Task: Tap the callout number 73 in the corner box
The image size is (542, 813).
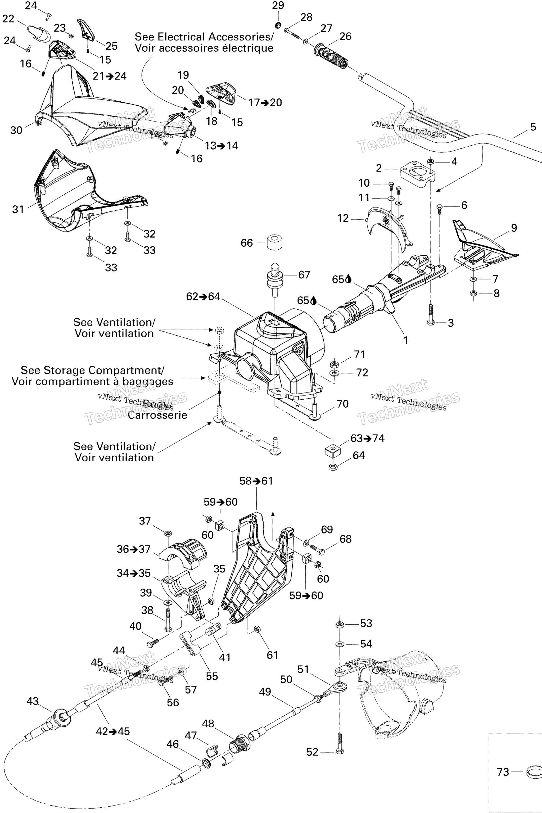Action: (x=503, y=772)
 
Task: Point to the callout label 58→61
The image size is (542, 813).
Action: (x=256, y=481)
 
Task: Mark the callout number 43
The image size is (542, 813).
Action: (x=33, y=701)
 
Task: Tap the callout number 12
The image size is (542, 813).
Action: (x=343, y=218)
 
